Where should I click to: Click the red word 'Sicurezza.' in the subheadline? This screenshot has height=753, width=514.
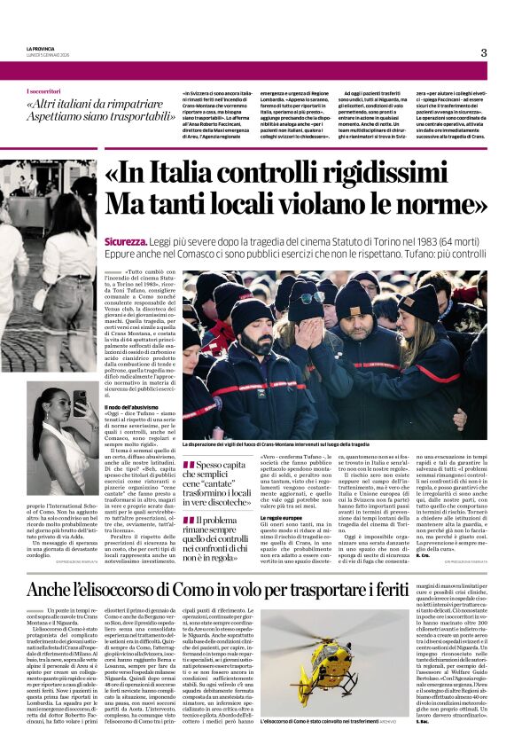(x=128, y=241)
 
